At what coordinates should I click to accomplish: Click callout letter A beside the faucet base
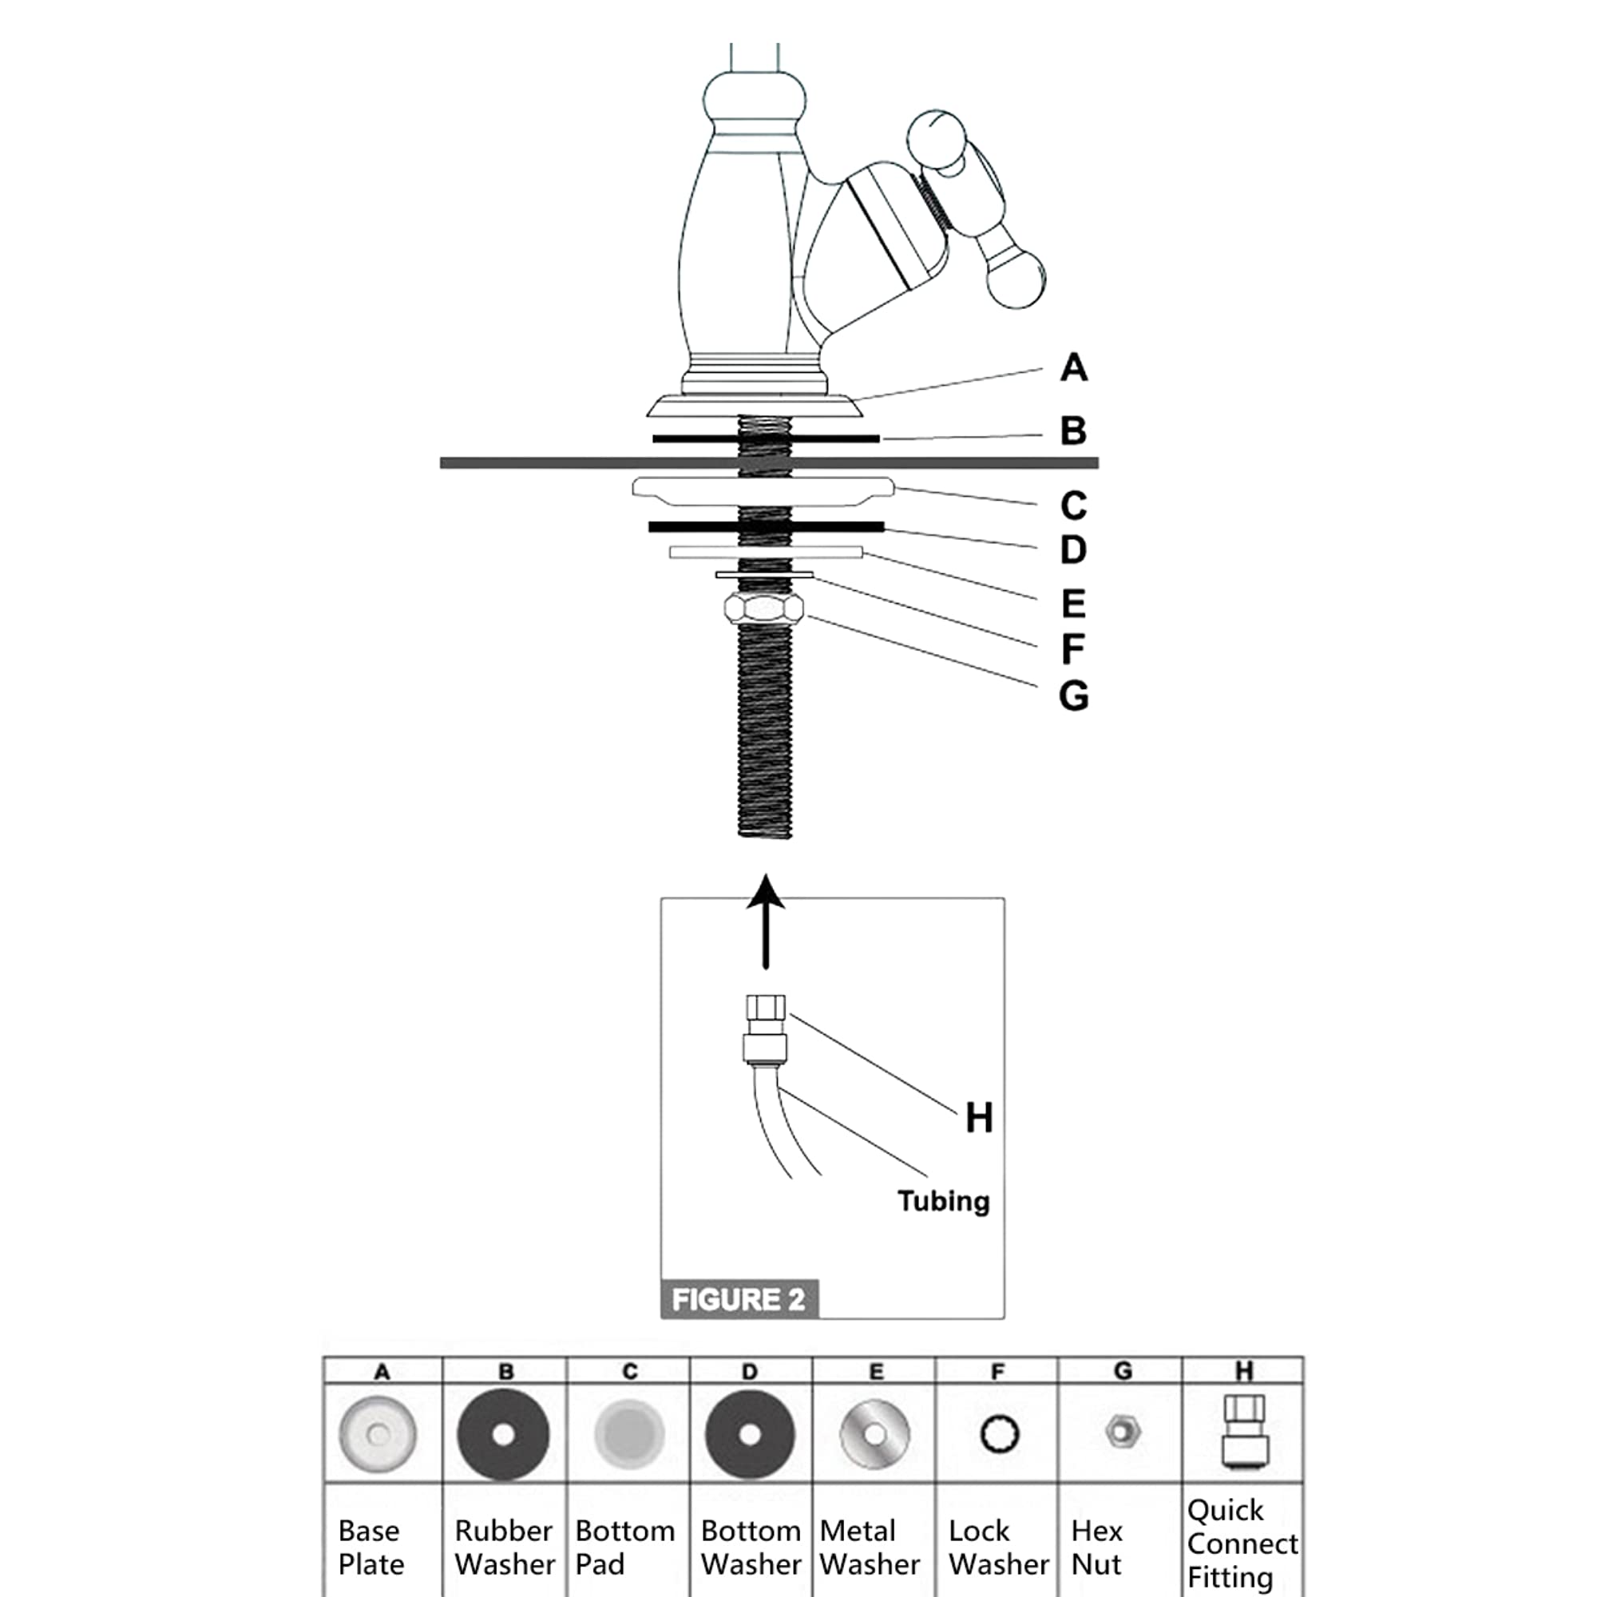click(x=1073, y=367)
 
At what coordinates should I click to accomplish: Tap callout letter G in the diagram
click(x=1073, y=695)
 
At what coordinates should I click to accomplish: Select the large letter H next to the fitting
click(x=979, y=1119)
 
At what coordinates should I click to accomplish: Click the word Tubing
click(x=943, y=1201)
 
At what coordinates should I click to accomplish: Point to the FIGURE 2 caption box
click(x=738, y=1299)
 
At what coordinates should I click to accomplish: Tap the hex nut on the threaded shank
click(x=764, y=608)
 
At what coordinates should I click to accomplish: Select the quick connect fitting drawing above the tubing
click(x=765, y=1029)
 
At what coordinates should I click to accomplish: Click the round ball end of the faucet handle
click(x=1016, y=281)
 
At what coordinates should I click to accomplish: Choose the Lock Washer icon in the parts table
click(x=1000, y=1434)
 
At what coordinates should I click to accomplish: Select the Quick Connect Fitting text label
click(x=1241, y=1544)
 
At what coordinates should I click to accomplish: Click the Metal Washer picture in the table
click(x=874, y=1435)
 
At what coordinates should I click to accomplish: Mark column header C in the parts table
click(x=630, y=1372)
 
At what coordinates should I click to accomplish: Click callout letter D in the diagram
click(x=1073, y=549)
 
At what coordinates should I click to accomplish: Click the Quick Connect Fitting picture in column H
click(x=1244, y=1430)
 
